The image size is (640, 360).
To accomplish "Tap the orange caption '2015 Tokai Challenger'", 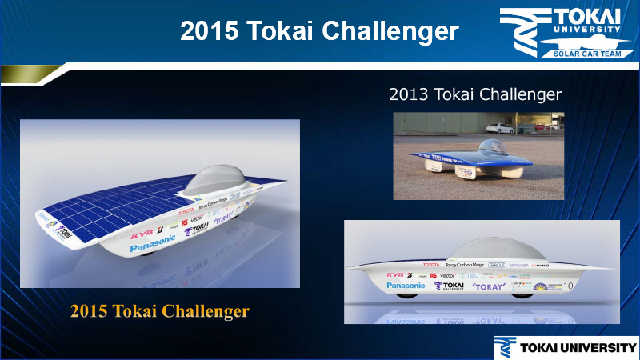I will coord(159,310).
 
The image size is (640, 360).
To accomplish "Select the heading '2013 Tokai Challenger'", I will coord(475,94).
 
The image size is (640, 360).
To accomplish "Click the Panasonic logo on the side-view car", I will coord(406,285).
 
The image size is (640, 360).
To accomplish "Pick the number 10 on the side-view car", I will coord(569,285).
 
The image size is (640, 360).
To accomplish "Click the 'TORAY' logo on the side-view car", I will coord(487,286).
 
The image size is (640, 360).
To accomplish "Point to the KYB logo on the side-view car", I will coord(394,274).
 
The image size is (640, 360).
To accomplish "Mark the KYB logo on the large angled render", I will coord(141,231).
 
